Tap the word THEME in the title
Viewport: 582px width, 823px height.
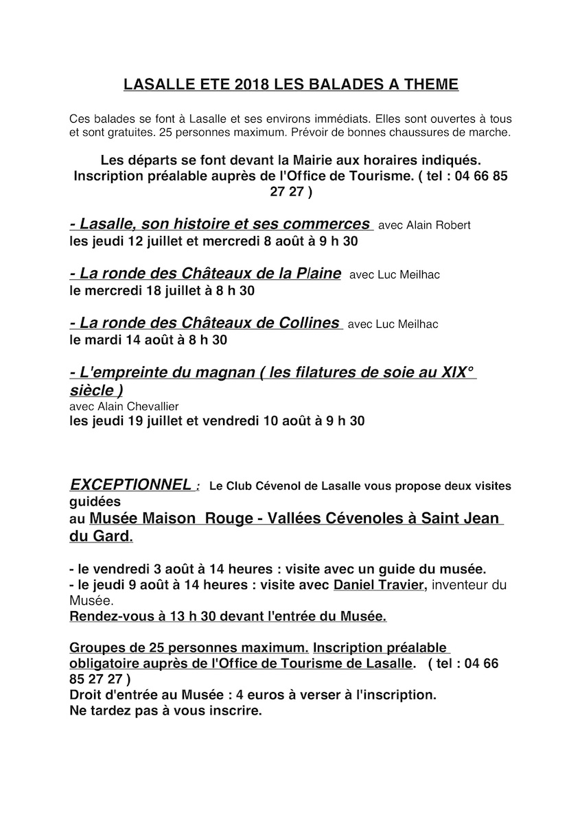click(431, 85)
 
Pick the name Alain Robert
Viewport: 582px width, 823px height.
click(439, 225)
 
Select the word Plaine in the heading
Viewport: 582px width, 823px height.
click(315, 273)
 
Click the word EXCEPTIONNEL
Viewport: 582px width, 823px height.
click(130, 485)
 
